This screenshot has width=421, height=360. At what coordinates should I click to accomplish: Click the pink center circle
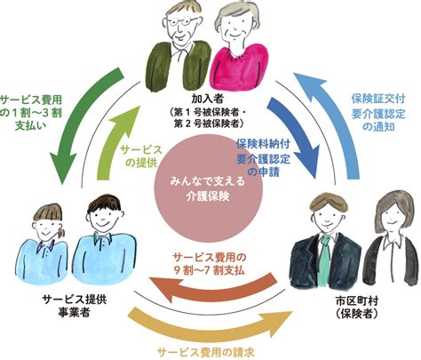click(208, 189)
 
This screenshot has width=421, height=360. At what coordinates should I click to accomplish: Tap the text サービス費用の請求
click(206, 353)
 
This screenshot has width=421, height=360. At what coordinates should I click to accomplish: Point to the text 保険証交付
click(378, 99)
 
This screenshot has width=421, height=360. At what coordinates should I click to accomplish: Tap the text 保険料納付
click(263, 144)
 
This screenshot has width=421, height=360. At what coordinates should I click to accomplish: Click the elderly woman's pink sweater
click(241, 68)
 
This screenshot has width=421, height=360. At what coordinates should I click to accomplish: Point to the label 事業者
click(74, 312)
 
